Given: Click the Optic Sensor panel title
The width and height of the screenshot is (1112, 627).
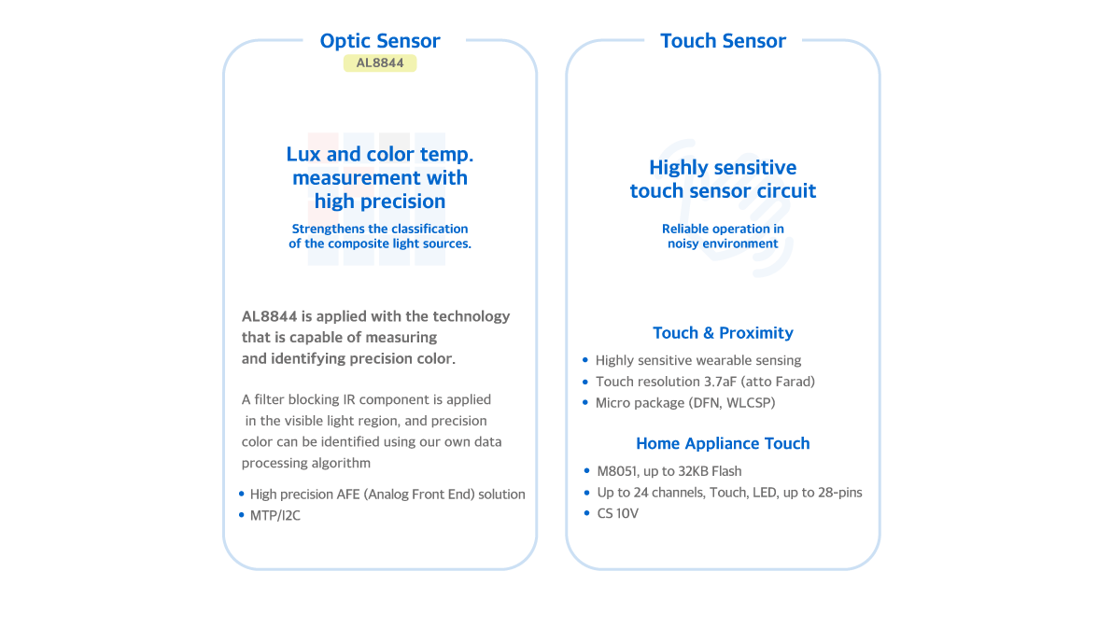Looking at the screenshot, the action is (x=379, y=41).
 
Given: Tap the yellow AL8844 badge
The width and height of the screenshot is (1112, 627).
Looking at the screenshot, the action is (x=380, y=63).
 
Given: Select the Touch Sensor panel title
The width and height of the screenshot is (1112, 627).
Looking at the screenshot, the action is (x=723, y=41).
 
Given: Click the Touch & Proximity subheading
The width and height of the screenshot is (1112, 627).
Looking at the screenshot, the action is (x=723, y=333).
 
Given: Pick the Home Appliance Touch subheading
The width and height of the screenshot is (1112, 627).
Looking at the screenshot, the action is (x=723, y=443).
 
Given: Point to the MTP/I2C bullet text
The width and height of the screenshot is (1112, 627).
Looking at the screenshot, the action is (x=275, y=516).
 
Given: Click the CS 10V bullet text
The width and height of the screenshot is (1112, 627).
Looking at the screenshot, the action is (x=618, y=514).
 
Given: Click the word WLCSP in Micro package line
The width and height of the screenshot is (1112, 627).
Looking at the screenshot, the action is (x=751, y=403).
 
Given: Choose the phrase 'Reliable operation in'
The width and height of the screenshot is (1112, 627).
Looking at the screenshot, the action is (x=723, y=229).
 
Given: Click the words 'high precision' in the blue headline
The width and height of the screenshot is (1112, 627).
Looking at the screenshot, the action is (x=380, y=202).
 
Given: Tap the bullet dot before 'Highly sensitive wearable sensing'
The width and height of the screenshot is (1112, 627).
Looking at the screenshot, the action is (x=585, y=360).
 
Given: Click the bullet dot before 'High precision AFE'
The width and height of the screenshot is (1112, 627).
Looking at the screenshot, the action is (x=241, y=494).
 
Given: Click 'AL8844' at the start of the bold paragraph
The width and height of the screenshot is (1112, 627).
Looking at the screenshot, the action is (x=270, y=316).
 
